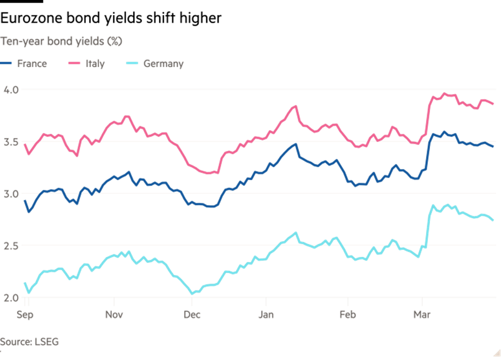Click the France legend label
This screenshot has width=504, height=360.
click(32, 64)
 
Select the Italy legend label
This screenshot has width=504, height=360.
click(95, 64)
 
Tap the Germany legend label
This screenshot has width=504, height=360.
click(163, 64)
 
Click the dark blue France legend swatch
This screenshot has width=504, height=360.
click(6, 64)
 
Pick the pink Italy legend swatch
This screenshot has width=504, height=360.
click(74, 64)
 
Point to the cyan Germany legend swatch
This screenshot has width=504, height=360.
click(131, 64)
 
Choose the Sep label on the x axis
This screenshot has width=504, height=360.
click(25, 315)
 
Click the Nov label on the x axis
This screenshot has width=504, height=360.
click(114, 315)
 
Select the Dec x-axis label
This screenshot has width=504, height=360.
click(192, 315)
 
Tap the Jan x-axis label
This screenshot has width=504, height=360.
click(266, 315)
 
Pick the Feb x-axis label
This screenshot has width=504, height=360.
click(348, 315)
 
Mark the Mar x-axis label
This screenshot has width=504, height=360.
click(422, 315)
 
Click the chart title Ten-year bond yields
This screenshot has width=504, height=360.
click(61, 41)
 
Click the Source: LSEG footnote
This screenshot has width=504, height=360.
click(29, 341)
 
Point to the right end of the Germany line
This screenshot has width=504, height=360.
click(493, 221)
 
